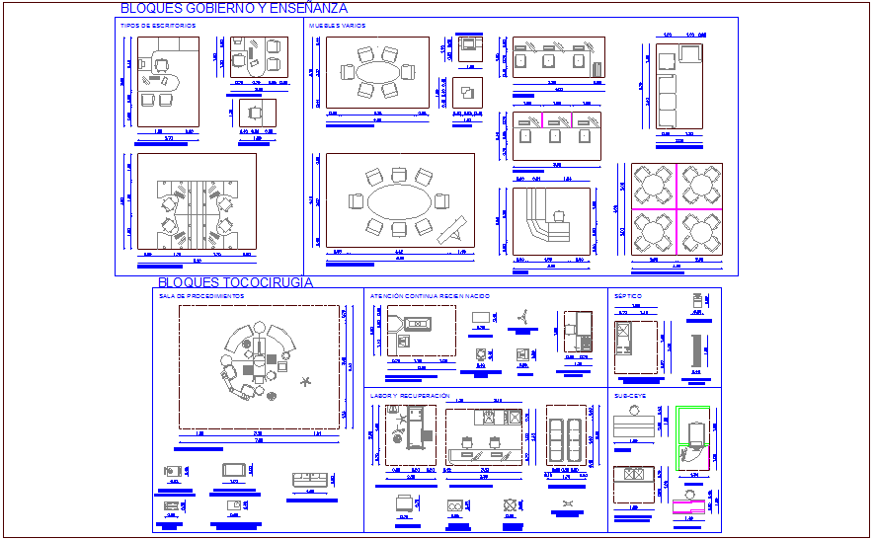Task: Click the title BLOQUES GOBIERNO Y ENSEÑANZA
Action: point(233,8)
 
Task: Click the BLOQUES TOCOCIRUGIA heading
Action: point(235,282)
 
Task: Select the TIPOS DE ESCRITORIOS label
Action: point(158,25)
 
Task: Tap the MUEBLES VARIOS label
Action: point(337,25)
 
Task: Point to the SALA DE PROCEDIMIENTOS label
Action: point(201,295)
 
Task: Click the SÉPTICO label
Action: point(628,295)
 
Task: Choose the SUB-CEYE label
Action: point(629,395)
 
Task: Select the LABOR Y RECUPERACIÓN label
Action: point(410,395)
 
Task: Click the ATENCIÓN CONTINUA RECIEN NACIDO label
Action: point(430,295)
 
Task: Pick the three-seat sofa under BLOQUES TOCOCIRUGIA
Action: point(311,480)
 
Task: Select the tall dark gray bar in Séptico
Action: point(696,349)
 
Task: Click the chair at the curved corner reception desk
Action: point(560,216)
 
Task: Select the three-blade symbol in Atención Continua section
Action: point(523,317)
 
